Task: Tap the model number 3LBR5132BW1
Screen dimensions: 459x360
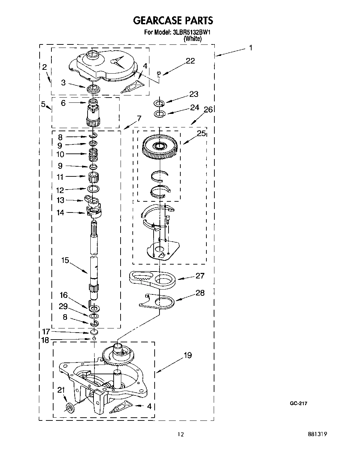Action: [191, 33]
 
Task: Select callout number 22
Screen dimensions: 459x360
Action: [190, 61]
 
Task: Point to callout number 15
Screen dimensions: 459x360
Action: [65, 260]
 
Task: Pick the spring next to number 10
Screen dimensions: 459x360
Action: [93, 154]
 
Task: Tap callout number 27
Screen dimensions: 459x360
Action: [200, 276]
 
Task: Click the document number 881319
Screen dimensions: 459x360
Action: [318, 434]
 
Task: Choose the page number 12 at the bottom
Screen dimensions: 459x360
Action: [180, 434]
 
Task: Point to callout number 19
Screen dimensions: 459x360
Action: [188, 356]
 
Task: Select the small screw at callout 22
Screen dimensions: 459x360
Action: [159, 73]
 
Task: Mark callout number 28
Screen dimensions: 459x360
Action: [200, 293]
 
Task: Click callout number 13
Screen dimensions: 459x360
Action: [60, 200]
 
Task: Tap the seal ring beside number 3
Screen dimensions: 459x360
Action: [93, 89]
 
